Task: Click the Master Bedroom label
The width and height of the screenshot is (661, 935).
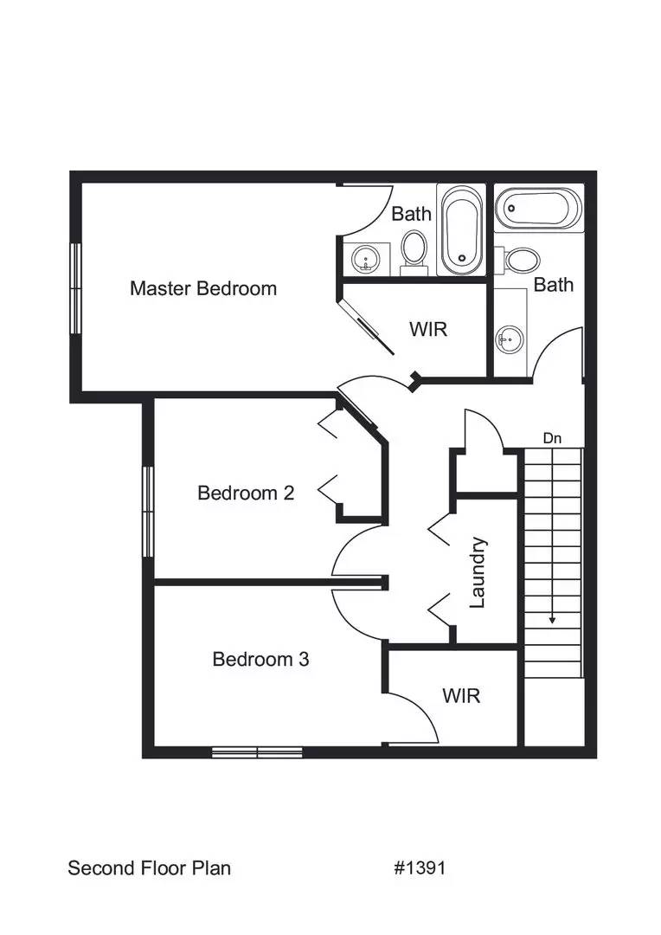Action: point(203,288)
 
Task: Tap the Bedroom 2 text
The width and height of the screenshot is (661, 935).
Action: point(246,493)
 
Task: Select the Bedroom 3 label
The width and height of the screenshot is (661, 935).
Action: point(260,659)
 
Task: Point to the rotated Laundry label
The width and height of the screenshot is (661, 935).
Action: point(478,572)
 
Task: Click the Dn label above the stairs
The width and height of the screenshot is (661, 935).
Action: point(552,439)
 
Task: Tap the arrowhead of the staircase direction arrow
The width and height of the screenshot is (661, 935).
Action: point(552,620)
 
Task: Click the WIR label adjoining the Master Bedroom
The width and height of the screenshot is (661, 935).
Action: point(429,330)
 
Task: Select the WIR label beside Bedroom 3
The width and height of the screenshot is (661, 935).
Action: point(460,695)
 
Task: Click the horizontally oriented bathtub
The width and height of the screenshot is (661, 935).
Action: point(537,210)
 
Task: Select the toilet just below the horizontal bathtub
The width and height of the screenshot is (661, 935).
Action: point(522,259)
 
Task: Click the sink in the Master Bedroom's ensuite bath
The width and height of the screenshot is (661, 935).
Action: point(363,258)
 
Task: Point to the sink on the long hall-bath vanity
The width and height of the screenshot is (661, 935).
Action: point(509,338)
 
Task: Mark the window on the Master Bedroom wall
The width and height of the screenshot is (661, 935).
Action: point(75,288)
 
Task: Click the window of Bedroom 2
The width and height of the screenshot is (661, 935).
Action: point(148,511)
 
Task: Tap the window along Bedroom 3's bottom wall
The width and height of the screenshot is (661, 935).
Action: point(257,752)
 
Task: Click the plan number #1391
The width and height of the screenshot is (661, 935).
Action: point(420,867)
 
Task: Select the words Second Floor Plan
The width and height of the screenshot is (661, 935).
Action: point(149,867)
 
